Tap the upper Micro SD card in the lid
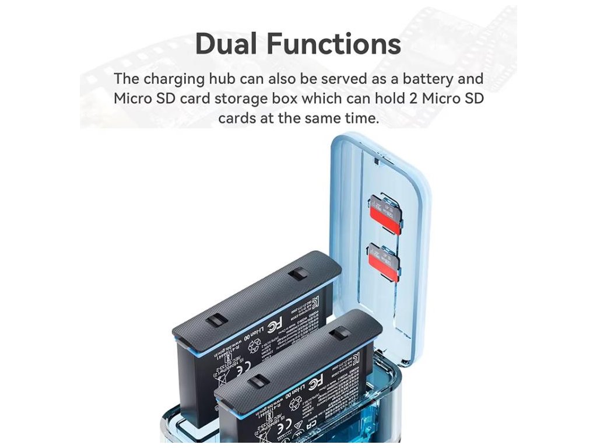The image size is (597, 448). pyautogui.click(x=385, y=215)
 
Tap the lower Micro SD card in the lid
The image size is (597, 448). pyautogui.click(x=383, y=262)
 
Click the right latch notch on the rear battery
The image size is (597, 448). pyautogui.click(x=300, y=274)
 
